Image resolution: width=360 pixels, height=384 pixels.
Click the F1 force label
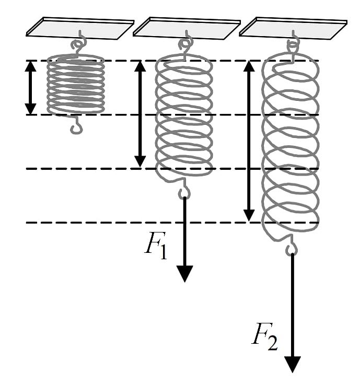[x=156, y=248]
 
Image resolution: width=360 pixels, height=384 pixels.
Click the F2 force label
[x=265, y=338]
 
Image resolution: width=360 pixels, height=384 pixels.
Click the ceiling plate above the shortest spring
[x=80, y=28]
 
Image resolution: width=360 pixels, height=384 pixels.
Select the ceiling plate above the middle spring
[x=187, y=28]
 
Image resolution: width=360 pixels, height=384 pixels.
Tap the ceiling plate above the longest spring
[x=293, y=28]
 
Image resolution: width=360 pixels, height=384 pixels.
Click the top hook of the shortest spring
[x=79, y=44]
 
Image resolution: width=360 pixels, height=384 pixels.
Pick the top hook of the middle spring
[x=185, y=44]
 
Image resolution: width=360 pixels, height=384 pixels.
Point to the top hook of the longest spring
[x=293, y=44]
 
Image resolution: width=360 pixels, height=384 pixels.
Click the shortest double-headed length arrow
[x=31, y=88]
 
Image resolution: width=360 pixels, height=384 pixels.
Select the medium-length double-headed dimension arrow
[x=141, y=114]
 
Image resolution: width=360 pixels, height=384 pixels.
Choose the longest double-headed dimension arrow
[x=249, y=141]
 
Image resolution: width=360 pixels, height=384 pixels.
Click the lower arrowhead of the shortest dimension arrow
[x=31, y=109]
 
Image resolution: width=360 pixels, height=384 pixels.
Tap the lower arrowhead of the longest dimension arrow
[x=249, y=216]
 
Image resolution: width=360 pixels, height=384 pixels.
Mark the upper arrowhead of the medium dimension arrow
[x=141, y=66]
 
